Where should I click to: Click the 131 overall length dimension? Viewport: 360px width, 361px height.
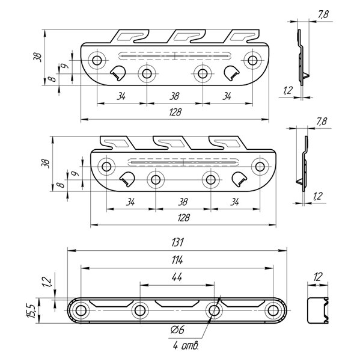tap(177, 242)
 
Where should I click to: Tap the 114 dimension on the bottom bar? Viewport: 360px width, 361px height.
tap(177, 260)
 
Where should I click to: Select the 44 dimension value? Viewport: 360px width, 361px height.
tap(177, 277)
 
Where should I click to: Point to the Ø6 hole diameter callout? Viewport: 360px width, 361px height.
tap(178, 330)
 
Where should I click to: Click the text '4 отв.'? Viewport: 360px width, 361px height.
tap(185, 345)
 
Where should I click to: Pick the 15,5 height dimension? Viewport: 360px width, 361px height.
tap(31, 311)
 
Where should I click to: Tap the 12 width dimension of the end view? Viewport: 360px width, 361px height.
tap(318, 277)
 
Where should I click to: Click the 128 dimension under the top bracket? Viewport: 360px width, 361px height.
tap(175, 112)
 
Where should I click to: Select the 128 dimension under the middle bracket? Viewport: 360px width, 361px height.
tap(183, 218)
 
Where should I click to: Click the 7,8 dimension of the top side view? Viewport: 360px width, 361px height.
tap(323, 14)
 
